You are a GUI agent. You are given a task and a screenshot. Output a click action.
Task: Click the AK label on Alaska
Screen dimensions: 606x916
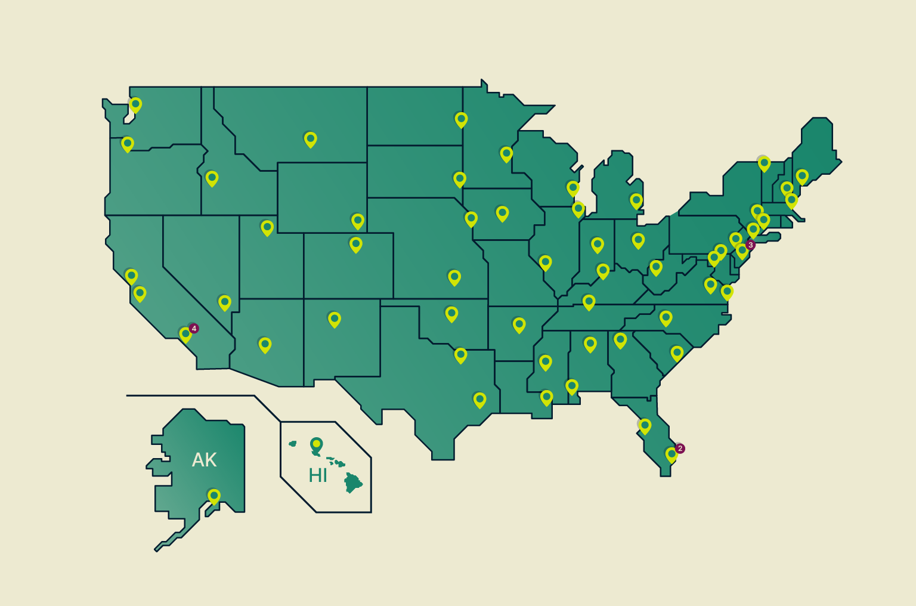coord(204,460)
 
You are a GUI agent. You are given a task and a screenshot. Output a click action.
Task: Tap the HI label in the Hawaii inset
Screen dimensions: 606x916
coord(317,475)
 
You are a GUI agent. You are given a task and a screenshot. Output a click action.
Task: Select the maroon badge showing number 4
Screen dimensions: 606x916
coord(194,329)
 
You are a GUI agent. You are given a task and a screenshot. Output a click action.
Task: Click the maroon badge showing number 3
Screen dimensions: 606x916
coord(750,245)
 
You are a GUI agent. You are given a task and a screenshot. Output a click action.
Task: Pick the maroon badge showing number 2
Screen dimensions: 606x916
coord(680,449)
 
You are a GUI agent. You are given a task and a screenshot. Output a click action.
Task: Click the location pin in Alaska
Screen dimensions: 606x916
coord(213,496)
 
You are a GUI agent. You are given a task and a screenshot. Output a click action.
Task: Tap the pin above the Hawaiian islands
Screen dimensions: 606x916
coord(316,444)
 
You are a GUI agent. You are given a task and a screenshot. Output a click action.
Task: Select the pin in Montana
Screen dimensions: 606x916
coord(310,139)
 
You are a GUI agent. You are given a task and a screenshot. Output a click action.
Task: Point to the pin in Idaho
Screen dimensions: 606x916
coord(212,178)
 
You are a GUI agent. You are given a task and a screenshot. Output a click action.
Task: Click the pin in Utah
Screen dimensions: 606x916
coord(267,227)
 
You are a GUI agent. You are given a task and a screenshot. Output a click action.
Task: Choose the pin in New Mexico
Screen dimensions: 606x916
coord(335,319)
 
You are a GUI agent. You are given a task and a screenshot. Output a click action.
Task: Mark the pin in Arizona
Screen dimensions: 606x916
coord(265,344)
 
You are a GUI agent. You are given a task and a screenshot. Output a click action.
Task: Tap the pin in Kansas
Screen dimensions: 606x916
coord(454,277)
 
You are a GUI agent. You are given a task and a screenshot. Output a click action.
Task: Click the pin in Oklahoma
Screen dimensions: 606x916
coord(451,314)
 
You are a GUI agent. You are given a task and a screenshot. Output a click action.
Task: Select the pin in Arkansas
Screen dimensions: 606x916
coord(519,324)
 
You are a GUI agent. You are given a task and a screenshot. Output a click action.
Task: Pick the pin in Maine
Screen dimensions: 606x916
coord(802,176)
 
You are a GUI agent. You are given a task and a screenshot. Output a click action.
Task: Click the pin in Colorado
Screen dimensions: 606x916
coord(355,244)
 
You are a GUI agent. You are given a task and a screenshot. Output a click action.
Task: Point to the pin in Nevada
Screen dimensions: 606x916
coord(224,302)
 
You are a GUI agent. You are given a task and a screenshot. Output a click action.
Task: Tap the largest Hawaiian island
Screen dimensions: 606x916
coord(354,483)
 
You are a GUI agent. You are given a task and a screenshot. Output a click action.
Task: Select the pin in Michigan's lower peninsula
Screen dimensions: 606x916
coord(636,200)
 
